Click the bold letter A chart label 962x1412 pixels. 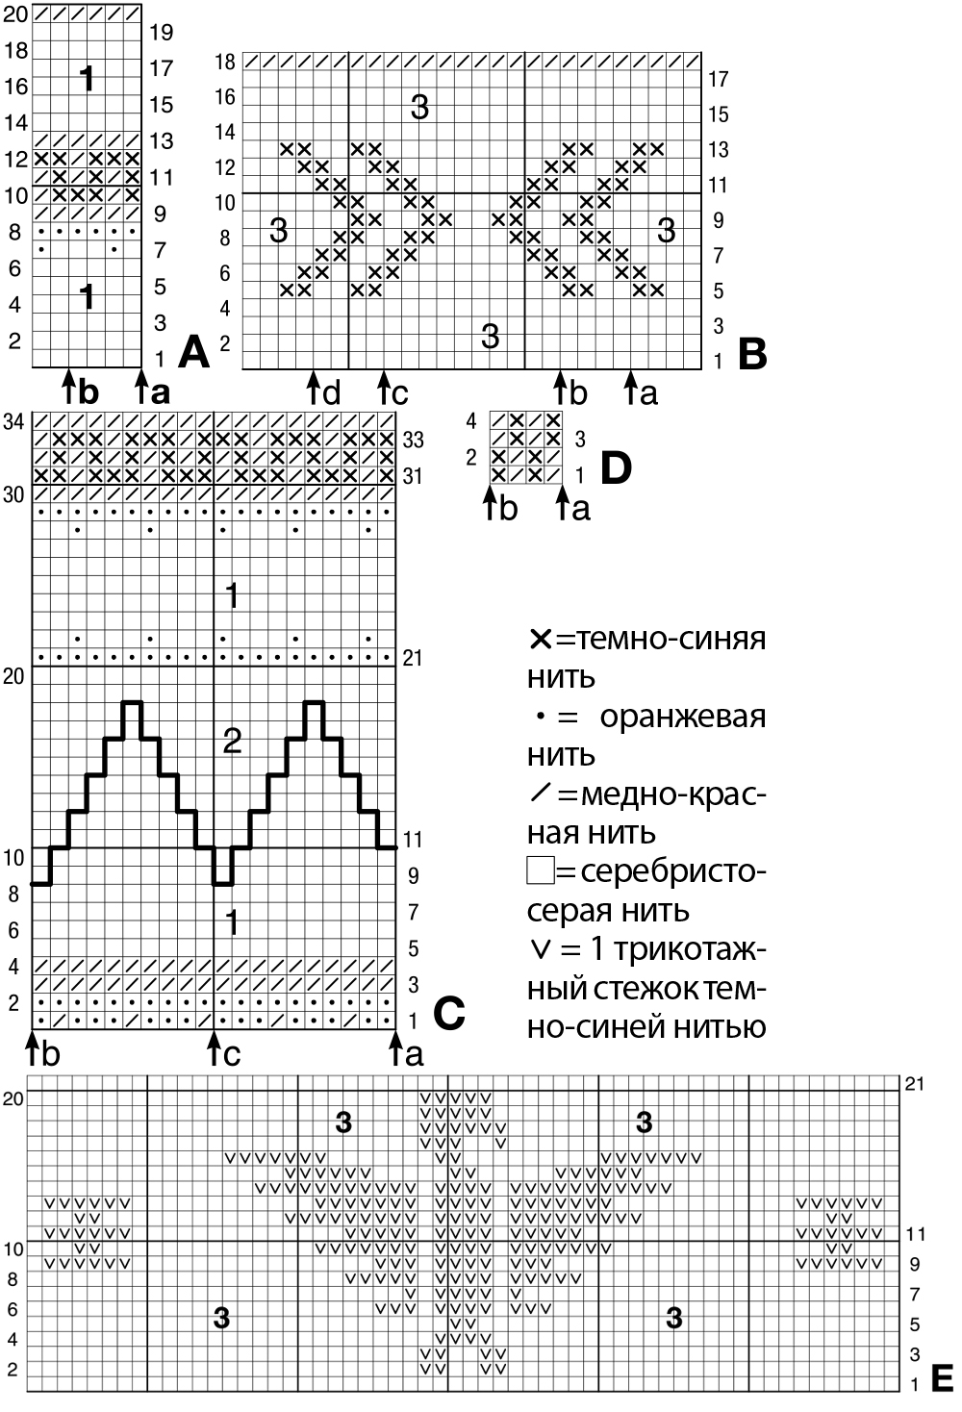193,353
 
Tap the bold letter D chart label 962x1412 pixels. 616,467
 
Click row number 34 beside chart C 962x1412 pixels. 13,421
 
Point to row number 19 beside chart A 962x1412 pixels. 162,33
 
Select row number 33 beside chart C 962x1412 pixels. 413,440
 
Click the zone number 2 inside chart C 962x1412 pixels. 232,741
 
